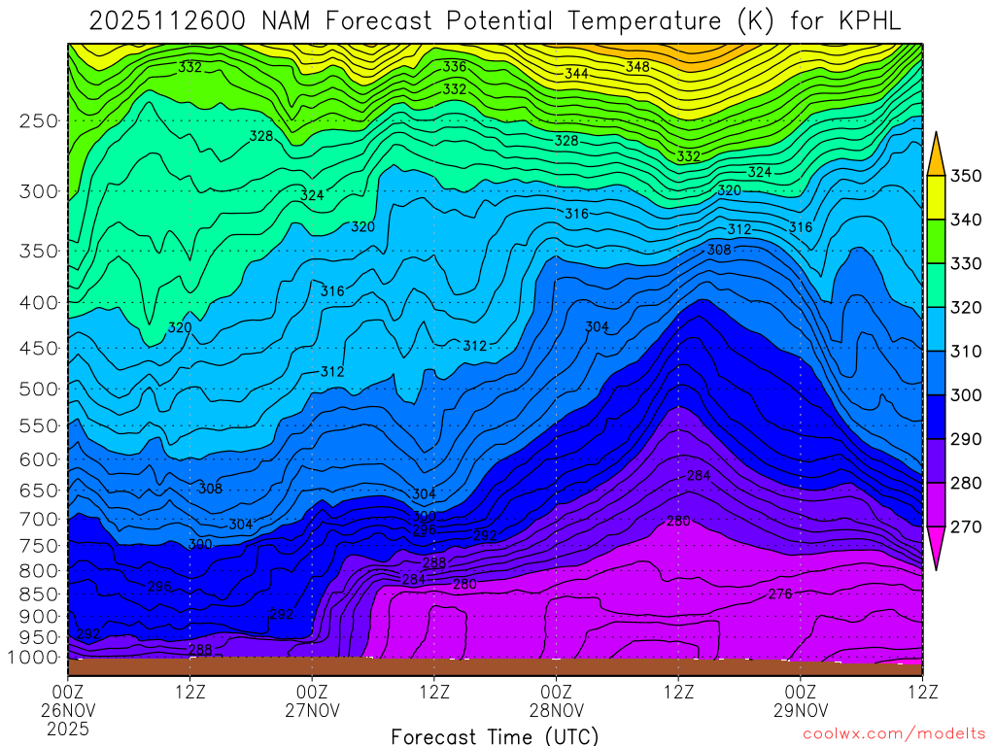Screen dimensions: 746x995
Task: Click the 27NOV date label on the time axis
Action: point(312,710)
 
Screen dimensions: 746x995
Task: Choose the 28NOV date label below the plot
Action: point(556,710)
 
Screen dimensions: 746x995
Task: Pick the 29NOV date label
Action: point(800,710)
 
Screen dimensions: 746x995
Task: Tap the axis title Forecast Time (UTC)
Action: point(495,735)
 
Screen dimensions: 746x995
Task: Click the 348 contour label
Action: point(637,67)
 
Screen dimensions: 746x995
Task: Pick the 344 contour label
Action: point(576,74)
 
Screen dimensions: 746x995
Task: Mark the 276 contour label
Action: point(780,593)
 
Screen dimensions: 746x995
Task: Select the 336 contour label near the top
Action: point(454,67)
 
